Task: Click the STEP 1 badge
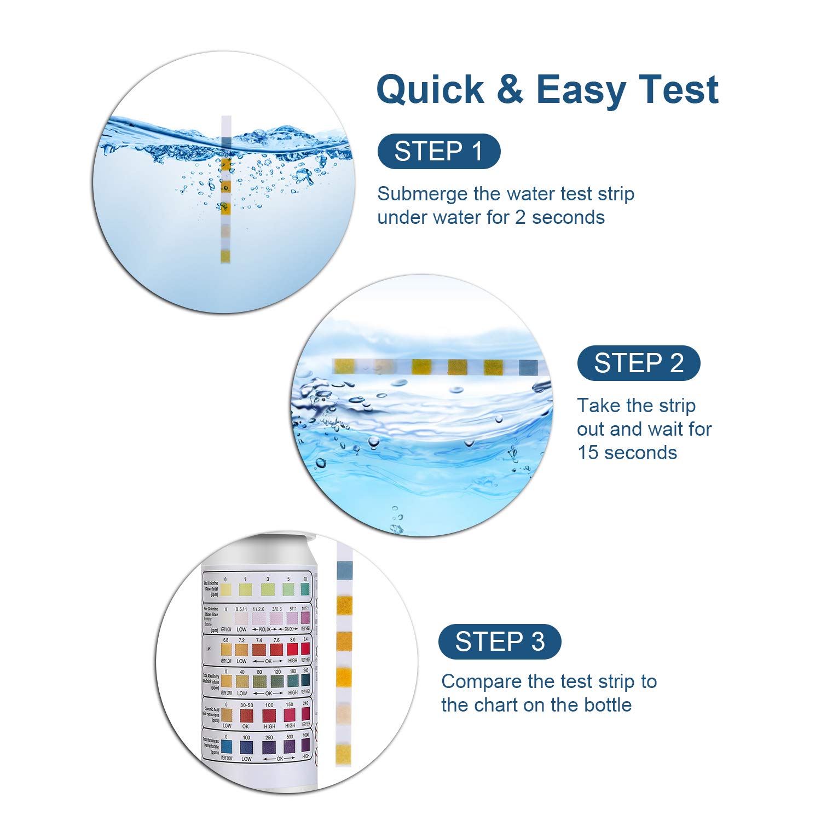coord(438,152)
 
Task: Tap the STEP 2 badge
coord(638,363)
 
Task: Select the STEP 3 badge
coord(499,641)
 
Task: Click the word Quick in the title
coord(430,89)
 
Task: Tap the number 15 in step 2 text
coord(588,453)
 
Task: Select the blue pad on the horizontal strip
coord(528,367)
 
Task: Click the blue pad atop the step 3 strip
coord(344,570)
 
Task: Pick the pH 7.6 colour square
coord(276,650)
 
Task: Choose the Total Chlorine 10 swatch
coord(305,589)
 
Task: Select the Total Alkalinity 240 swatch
coord(305,680)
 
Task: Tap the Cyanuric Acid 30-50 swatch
coord(247,715)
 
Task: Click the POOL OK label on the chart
coord(261,630)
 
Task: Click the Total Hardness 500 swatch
coord(289,745)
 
